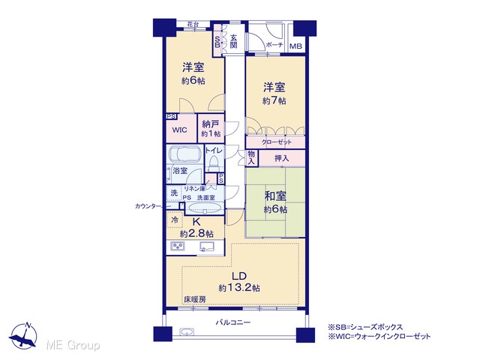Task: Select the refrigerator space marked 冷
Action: (175, 220)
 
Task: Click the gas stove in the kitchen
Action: (178, 246)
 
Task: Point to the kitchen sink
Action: (208, 247)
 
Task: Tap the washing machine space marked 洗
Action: (174, 193)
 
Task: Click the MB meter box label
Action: (295, 46)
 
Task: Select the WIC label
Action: (180, 130)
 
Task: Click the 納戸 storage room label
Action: (211, 124)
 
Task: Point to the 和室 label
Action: (275, 196)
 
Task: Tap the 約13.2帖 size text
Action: (240, 288)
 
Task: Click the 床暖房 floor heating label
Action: (195, 300)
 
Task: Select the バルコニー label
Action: (233, 322)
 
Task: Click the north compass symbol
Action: (23, 336)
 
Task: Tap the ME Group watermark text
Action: (73, 345)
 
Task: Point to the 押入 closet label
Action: (281, 158)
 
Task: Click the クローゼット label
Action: (277, 142)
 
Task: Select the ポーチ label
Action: (274, 45)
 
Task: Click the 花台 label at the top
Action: (193, 24)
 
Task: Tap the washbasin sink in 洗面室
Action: (204, 208)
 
